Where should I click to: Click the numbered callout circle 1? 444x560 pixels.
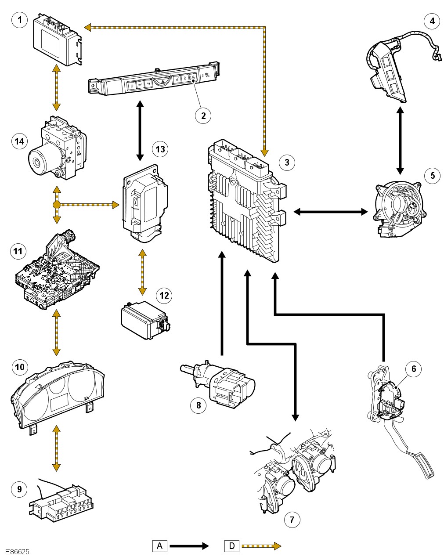19,20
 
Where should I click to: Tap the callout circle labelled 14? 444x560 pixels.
19,141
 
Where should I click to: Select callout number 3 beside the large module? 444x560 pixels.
287,162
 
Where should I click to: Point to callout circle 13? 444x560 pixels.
160,149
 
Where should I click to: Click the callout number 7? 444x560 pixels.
292,520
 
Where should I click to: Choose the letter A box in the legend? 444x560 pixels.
159,546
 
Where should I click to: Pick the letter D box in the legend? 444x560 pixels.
231,546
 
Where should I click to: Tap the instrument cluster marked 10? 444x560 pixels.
57,395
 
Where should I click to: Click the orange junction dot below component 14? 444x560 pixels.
56,205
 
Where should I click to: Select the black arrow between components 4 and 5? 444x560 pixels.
400,141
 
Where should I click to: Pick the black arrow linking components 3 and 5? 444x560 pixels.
330,212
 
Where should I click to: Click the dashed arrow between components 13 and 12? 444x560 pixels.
142,272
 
